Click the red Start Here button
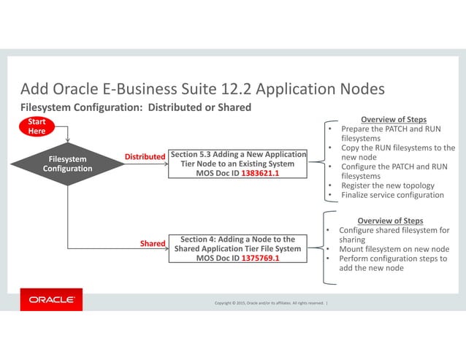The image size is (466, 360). click(x=37, y=126)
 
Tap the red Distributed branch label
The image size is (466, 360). click(x=145, y=157)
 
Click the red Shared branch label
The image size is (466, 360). click(x=153, y=243)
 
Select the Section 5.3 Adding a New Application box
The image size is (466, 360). click(x=237, y=164)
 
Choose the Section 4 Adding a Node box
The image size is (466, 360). click(x=237, y=248)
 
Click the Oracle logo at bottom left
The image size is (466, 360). click(x=51, y=299)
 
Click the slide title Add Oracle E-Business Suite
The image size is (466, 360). click(x=202, y=90)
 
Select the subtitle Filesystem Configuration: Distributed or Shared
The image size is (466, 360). click(x=135, y=107)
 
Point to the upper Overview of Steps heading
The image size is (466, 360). click(x=394, y=119)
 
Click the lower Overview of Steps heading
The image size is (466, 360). click(x=389, y=221)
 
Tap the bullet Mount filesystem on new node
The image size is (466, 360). click(x=394, y=249)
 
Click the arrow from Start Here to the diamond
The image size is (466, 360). click(x=67, y=134)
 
